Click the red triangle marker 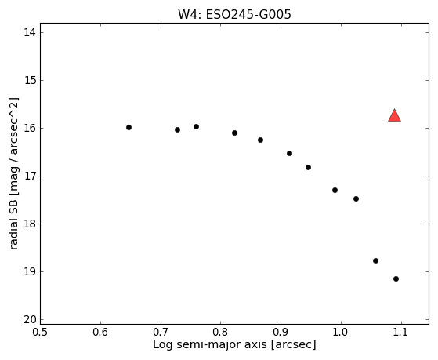394,116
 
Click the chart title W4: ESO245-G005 234,15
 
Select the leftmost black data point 129,128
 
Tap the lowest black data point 396,279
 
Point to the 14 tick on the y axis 30,32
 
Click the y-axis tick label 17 30,176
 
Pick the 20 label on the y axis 30,319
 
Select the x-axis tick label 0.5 40,333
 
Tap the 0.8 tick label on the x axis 221,333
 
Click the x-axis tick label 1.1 401,333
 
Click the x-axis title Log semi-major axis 210,344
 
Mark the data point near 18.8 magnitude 375,260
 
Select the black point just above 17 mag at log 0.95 309,168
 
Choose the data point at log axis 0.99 335,191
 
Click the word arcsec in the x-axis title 293,344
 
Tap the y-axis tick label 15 30,80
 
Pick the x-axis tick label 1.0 341,333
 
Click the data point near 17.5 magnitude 357,199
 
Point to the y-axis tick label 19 30,271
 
